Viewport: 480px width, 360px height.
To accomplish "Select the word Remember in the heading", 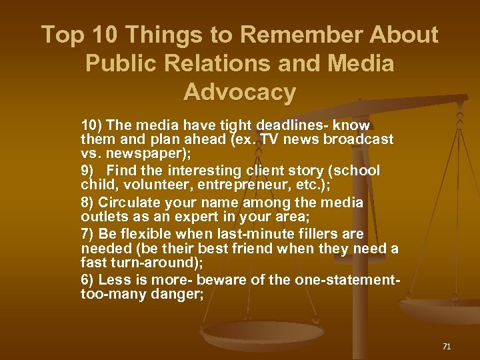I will (x=301, y=35).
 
